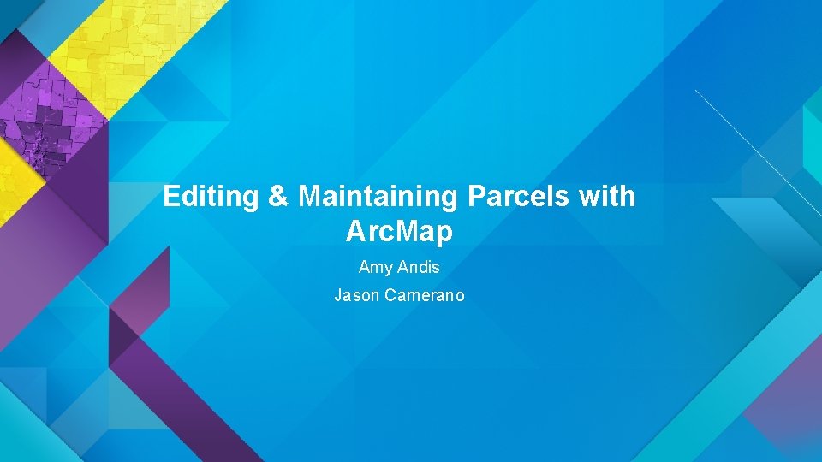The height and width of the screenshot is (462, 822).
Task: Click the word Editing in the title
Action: pyautogui.click(x=211, y=198)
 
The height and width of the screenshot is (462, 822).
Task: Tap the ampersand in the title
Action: pyautogui.click(x=278, y=198)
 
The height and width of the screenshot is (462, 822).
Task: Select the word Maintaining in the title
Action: pyautogui.click(x=378, y=198)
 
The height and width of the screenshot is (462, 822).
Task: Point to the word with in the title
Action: pyautogui.click(x=607, y=197)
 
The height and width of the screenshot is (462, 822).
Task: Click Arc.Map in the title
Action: pyautogui.click(x=399, y=231)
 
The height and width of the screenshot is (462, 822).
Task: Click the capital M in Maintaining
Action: pyautogui.click(x=309, y=198)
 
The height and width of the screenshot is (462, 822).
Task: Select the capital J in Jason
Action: pyautogui.click(x=337, y=296)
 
